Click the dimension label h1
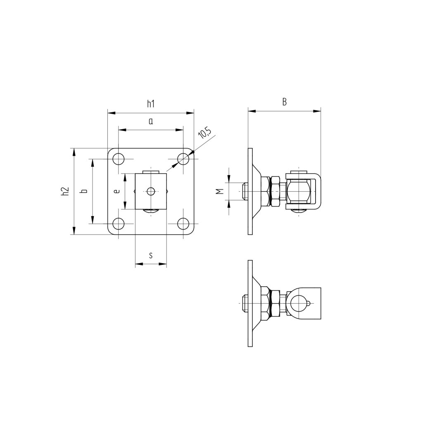click(151, 104)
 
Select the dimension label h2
click(64, 191)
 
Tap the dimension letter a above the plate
click(151, 121)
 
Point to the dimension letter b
click(84, 191)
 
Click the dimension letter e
click(117, 191)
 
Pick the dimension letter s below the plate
click(151, 256)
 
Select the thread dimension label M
click(220, 191)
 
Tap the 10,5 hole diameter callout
click(204, 133)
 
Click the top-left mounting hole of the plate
click(119, 159)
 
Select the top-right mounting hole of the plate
click(183, 159)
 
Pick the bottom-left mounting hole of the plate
click(119, 223)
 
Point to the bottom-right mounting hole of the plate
click(183, 223)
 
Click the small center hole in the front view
click(151, 191)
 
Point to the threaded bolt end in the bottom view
click(244, 304)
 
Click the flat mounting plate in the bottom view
click(250, 304)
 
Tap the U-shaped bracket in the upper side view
click(317, 191)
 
